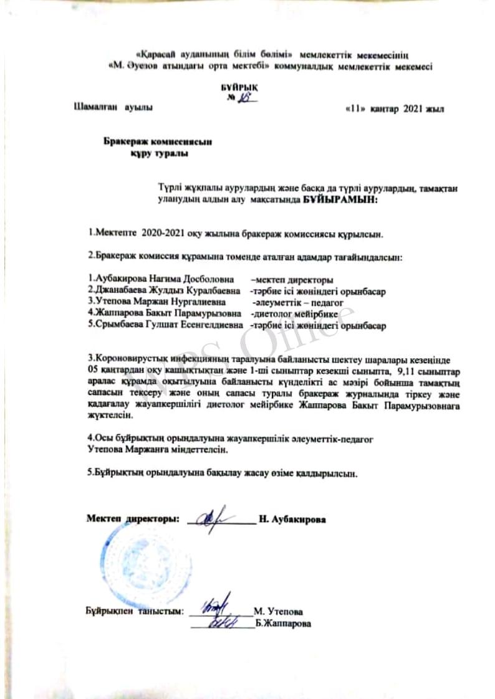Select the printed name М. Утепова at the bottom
click(278, 612)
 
